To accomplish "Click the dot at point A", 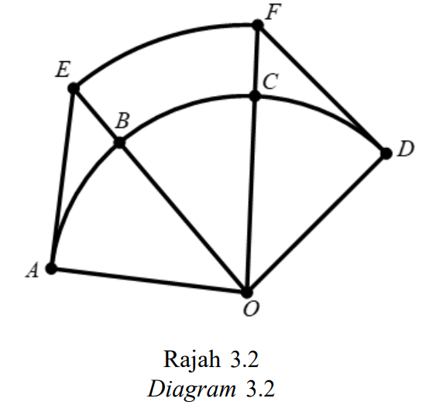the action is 51,268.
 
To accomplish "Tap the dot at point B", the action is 120,142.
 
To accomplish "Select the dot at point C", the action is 255,96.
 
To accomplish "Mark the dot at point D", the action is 386,153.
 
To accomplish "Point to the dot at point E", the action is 74,88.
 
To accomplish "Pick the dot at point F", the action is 258,25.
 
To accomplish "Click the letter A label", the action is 33,270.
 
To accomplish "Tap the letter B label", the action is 122,121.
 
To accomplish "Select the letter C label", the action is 270,81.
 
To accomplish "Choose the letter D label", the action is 406,149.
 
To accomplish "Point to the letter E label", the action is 63,69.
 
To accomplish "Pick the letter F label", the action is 273,12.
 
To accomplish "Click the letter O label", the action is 251,308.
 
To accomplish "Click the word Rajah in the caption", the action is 192,359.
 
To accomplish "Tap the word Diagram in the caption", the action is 191,389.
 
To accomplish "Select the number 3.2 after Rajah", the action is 245,359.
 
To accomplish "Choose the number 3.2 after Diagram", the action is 260,389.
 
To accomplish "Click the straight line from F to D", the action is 322,89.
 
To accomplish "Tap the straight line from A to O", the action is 149,280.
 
